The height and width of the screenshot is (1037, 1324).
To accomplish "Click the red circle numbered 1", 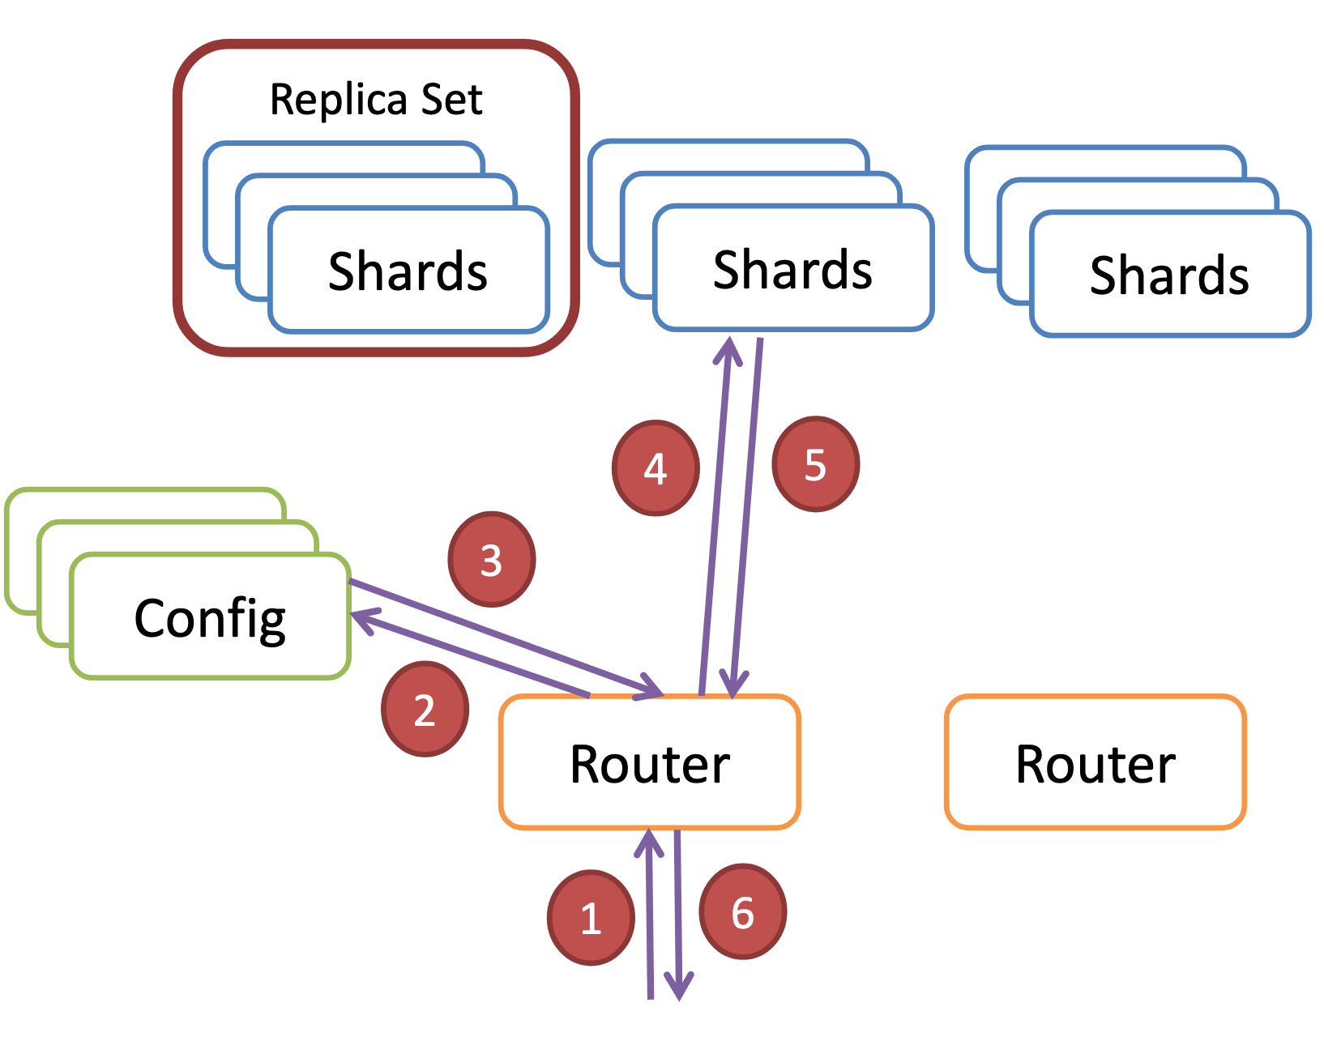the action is click(591, 918).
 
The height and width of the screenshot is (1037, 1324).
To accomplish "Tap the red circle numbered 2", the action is click(425, 710).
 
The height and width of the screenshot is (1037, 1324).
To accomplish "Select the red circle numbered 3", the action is click(491, 559).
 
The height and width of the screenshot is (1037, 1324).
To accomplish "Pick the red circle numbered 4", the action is click(655, 467).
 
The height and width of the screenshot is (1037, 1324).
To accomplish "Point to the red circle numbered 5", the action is click(815, 464).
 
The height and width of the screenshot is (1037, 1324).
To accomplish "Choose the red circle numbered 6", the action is click(742, 911).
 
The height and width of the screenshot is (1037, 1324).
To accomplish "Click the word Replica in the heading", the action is click(339, 100).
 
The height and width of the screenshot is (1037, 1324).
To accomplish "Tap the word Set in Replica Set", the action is click(451, 99).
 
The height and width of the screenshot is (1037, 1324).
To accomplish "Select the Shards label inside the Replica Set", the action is click(408, 271).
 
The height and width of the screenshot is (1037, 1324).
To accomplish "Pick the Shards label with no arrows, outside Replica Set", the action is click(1168, 275).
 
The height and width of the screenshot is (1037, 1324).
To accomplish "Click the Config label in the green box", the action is click(210, 619).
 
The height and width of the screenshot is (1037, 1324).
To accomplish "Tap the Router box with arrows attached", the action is click(649, 762).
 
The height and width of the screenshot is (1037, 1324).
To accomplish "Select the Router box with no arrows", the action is click(1095, 762).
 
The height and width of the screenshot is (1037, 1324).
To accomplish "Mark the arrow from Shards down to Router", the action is click(745, 518).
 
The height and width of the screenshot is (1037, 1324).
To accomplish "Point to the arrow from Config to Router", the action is click(506, 639).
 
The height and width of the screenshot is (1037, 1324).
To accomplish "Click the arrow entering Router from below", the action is click(650, 914).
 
